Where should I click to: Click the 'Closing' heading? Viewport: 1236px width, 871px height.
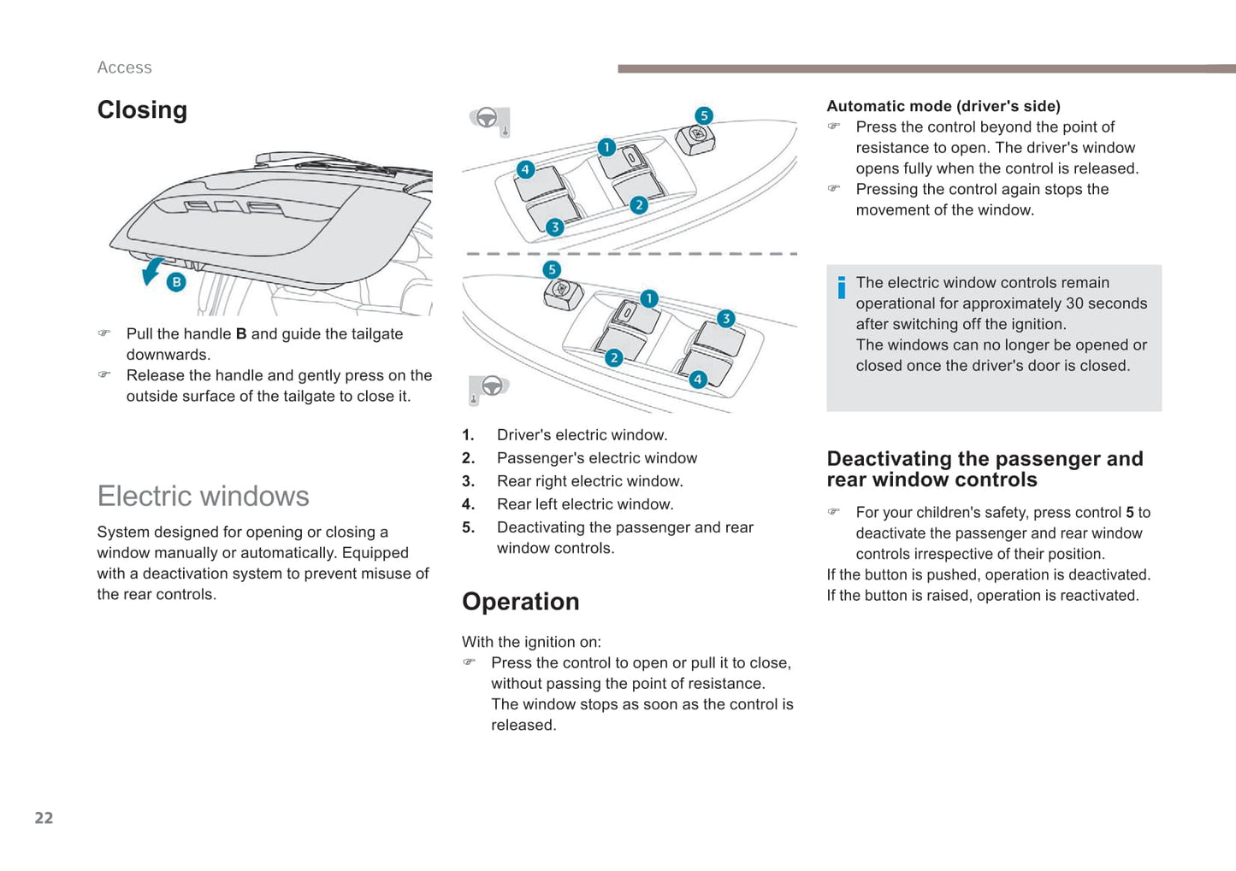[x=142, y=110]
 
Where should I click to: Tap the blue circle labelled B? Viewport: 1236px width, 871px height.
[x=176, y=282]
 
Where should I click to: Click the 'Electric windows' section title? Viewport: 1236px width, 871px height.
[x=203, y=496]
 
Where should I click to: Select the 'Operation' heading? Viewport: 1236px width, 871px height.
[x=520, y=602]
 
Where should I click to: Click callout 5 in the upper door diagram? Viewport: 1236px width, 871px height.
[x=703, y=115]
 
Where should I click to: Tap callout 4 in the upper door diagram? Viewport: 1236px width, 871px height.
[x=525, y=169]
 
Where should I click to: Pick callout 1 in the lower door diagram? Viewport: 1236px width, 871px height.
[x=649, y=298]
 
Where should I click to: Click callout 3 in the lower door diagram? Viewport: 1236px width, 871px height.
[x=725, y=319]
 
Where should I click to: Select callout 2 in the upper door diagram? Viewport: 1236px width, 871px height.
[x=638, y=205]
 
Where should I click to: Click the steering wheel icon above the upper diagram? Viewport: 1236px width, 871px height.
[x=487, y=118]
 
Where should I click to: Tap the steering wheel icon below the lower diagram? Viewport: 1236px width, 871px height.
[x=492, y=386]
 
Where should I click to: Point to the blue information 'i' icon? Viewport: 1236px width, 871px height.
[x=842, y=288]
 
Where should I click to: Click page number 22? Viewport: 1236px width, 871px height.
[x=44, y=818]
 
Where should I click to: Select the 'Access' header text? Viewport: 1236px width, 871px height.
[x=124, y=68]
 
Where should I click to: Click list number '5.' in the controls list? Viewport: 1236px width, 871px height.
[x=468, y=527]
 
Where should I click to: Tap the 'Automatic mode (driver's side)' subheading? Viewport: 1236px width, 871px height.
[x=943, y=106]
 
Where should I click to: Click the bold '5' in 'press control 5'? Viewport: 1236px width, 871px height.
[x=1130, y=513]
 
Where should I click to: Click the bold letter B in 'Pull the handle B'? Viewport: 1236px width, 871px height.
[x=241, y=334]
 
